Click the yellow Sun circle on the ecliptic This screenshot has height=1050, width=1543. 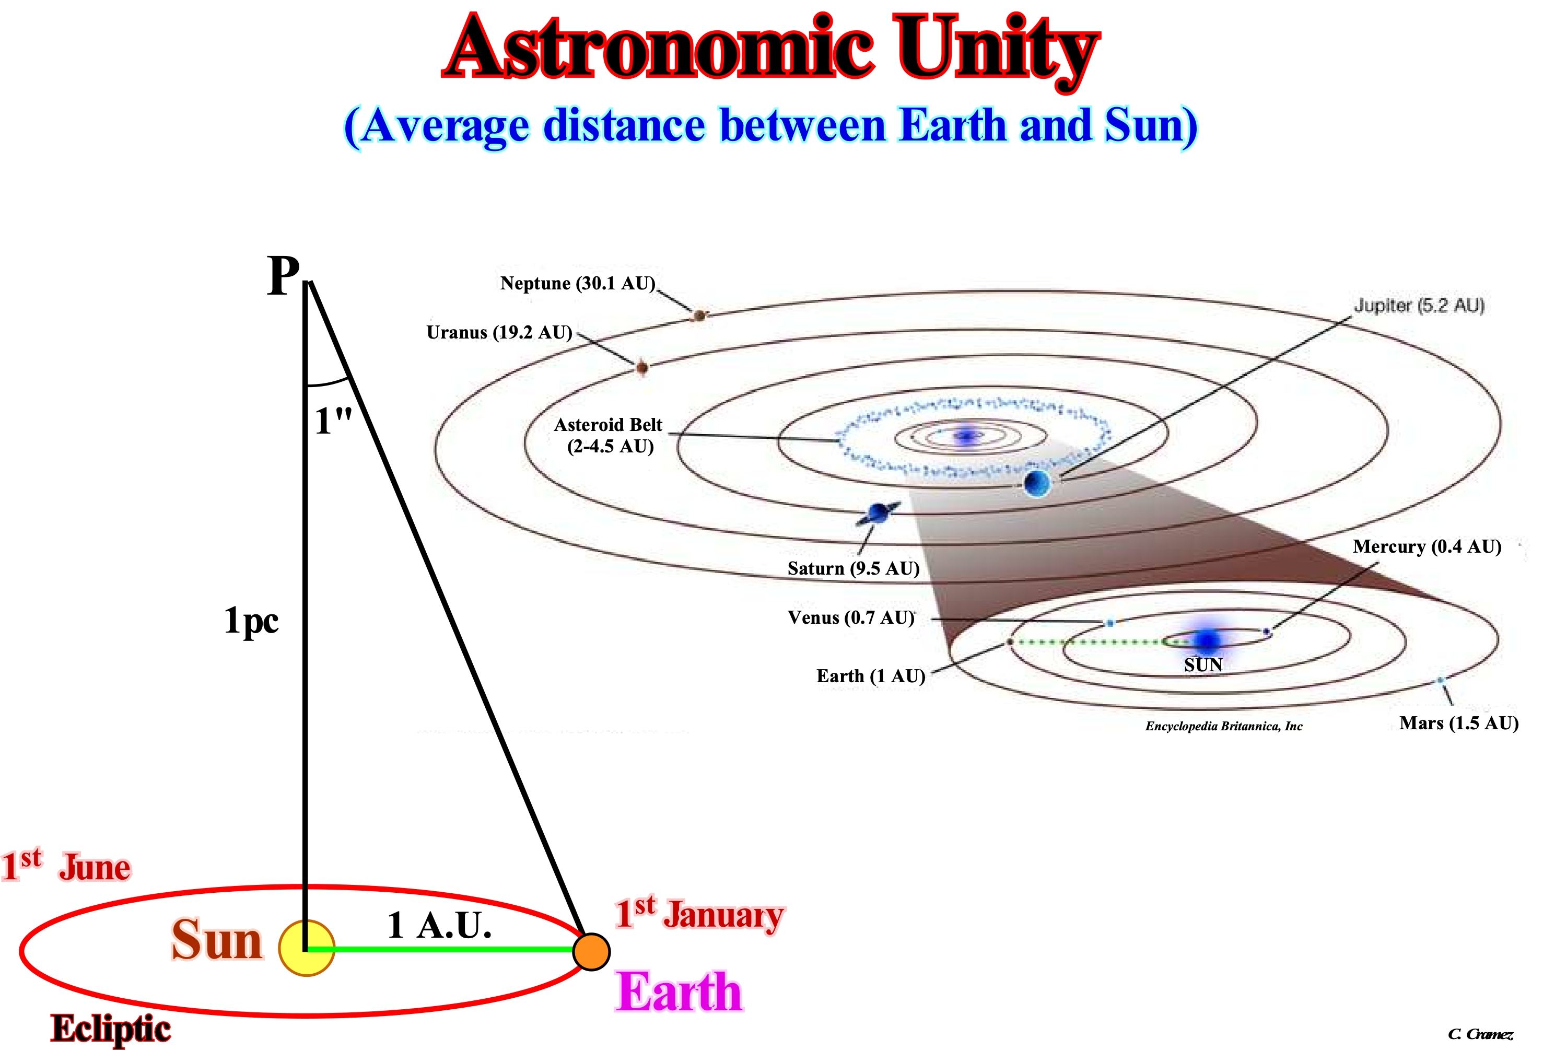307,948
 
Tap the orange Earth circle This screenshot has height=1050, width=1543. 592,952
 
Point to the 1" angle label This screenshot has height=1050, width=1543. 333,421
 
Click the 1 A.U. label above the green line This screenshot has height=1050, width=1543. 439,925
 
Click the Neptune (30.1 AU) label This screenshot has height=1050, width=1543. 578,284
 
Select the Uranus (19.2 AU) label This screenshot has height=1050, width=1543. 499,332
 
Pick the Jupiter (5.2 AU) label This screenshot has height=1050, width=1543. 1419,306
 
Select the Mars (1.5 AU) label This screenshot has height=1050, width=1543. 1459,723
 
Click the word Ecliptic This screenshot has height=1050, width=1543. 111,1029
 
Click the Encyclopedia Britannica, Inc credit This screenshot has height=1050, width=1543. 1224,726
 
